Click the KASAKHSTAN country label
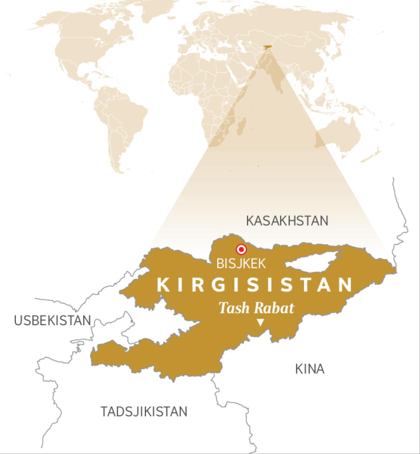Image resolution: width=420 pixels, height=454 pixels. click(287, 221)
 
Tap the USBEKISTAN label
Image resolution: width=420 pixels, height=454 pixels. click(52, 320)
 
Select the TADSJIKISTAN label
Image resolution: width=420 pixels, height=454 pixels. click(144, 411)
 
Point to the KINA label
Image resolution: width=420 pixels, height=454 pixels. click(310, 369)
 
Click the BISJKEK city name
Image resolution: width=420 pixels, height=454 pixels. click(241, 264)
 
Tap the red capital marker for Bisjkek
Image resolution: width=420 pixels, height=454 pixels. click(241, 250)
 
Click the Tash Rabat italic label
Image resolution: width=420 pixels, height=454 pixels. click(256, 308)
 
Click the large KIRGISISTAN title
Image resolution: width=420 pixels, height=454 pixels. click(254, 284)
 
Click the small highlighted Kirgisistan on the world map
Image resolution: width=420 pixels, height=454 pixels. click(267, 47)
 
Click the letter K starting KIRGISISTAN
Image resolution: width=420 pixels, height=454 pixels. click(163, 284)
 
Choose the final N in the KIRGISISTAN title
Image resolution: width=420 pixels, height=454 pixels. click(346, 284)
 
